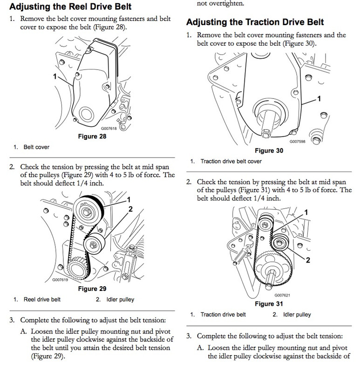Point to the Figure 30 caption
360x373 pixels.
coord(269,151)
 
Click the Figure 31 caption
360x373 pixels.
coord(269,304)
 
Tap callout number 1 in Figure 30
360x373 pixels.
coord(319,98)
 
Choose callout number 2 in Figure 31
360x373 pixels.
coord(308,259)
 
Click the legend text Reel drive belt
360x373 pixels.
coord(42,299)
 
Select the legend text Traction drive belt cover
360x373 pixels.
coord(231,161)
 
